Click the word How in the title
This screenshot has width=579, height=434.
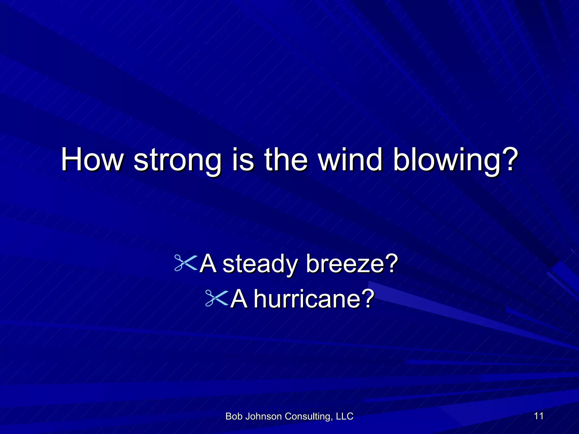[92, 159]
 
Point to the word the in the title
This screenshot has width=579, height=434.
[286, 159]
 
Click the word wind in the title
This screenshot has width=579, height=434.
[350, 159]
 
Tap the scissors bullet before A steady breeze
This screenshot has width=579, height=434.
[185, 263]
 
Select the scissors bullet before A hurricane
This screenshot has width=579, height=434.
[216, 298]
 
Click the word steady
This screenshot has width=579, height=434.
[260, 264]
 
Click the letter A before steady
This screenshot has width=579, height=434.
[208, 263]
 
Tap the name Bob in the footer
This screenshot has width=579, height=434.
[234, 416]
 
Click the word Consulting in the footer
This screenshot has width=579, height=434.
[309, 416]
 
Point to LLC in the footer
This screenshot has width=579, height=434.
[345, 416]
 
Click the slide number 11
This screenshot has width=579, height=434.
[539, 416]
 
